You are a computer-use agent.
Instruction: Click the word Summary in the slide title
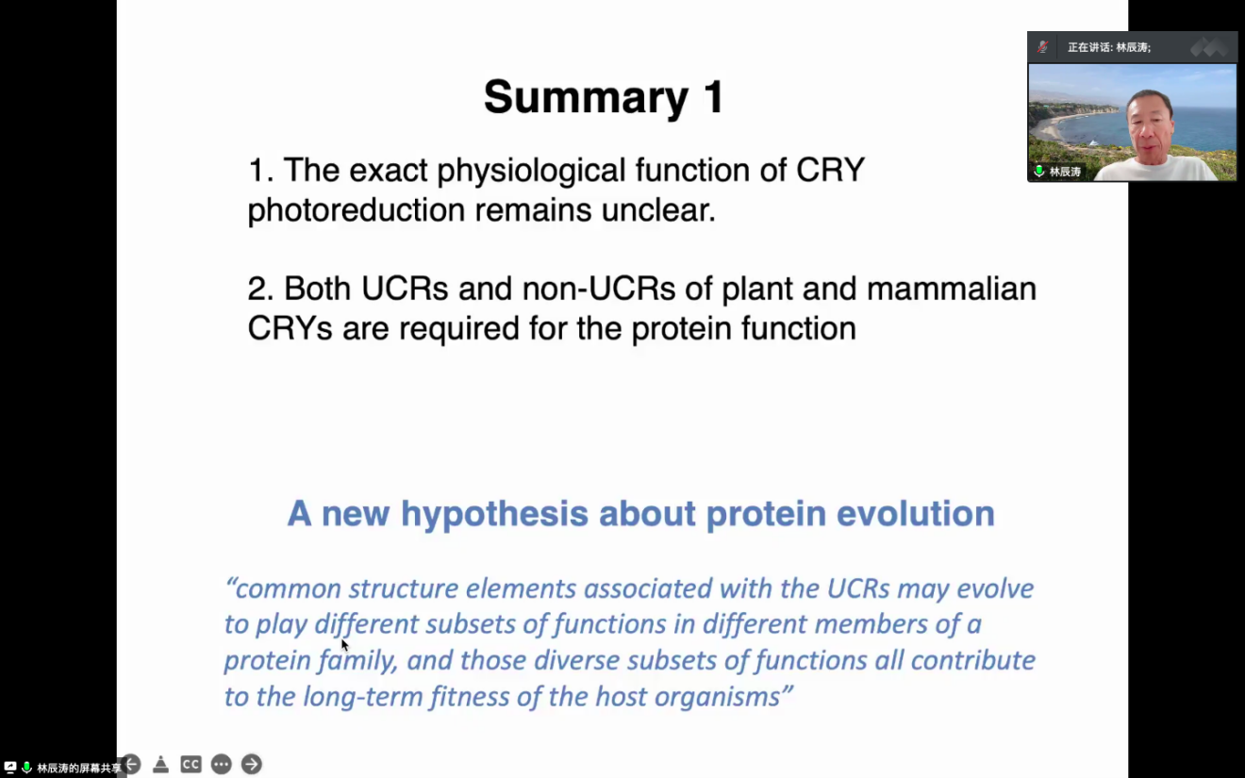(x=587, y=98)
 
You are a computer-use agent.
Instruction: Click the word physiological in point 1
(x=531, y=171)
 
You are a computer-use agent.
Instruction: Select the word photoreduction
(x=356, y=210)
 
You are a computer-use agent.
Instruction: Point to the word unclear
(x=658, y=210)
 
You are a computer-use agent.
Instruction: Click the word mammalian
(x=951, y=289)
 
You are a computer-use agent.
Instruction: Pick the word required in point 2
(x=459, y=329)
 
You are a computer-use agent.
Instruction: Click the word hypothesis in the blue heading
(x=494, y=514)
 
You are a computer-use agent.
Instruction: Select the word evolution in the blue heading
(x=916, y=513)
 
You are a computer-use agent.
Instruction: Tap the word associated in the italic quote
(x=648, y=588)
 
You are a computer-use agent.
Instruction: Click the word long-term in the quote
(x=362, y=697)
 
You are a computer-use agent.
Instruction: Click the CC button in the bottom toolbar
(x=191, y=764)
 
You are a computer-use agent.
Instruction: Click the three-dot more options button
(x=222, y=764)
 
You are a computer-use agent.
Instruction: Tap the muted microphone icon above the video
(x=1042, y=47)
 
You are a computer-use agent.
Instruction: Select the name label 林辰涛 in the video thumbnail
(x=1064, y=172)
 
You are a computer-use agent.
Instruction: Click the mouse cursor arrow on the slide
(x=344, y=645)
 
